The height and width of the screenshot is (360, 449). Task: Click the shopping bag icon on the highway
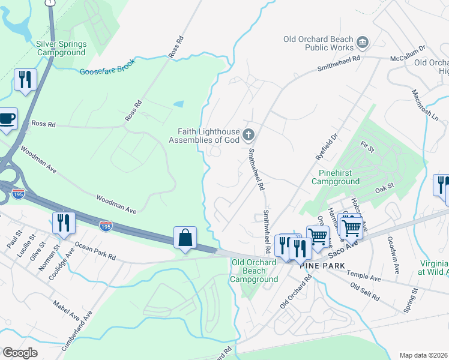pos(185,238)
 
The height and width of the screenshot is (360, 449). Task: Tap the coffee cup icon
pos(7,118)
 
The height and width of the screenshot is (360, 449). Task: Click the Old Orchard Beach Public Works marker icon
pos(362,41)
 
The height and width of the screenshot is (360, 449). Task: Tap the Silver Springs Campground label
pos(61,48)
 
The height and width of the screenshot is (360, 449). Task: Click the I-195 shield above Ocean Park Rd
pos(106,226)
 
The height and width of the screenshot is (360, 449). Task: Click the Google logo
pos(20,353)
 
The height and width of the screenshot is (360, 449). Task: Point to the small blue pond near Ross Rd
pos(179,104)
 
